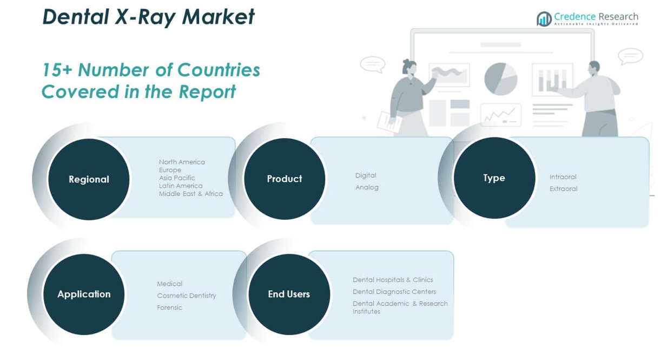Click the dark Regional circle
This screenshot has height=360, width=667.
click(89, 179)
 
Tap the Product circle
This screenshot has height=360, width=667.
click(285, 179)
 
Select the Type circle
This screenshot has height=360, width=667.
click(494, 178)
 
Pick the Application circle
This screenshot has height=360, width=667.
click(84, 294)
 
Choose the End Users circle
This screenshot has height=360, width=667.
click(289, 294)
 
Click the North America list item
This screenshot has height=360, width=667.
click(182, 162)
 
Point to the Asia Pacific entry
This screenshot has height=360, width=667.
click(177, 178)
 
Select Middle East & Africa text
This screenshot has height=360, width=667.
click(191, 194)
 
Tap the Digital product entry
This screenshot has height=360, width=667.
click(366, 175)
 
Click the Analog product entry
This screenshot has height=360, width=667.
click(367, 187)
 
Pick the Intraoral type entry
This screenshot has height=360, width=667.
click(563, 177)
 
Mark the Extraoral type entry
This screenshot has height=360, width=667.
click(563, 189)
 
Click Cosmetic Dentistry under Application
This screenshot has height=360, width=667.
click(187, 296)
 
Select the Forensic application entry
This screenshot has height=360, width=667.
click(169, 307)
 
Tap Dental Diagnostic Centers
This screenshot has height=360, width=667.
click(394, 292)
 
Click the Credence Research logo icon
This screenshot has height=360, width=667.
click(544, 19)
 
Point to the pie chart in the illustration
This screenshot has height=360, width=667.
click(501, 79)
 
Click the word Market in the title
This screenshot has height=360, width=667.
click(218, 17)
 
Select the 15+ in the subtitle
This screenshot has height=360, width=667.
click(57, 70)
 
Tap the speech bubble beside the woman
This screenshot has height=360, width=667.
click(373, 64)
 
